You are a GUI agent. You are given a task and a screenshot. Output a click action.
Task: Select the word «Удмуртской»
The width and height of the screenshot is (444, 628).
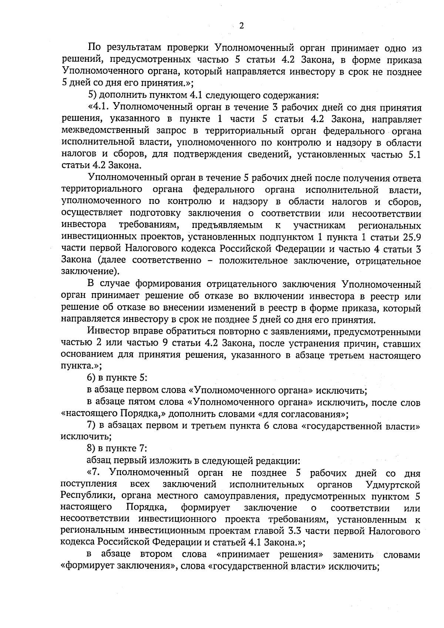tap(393, 485)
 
